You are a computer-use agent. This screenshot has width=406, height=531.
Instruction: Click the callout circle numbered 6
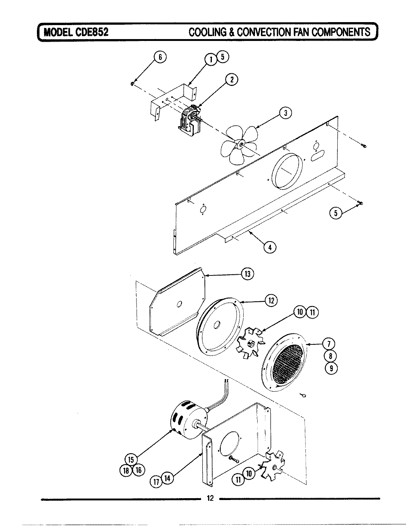[x=160, y=57]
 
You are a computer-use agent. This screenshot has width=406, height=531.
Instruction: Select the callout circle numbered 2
[x=231, y=79]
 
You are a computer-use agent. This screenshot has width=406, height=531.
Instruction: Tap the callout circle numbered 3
[x=285, y=113]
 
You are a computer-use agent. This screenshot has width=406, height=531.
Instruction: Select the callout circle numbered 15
[x=131, y=459]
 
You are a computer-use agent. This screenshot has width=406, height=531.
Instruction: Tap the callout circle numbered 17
[x=155, y=480]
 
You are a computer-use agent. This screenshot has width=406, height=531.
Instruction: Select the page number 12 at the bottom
[x=210, y=499]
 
